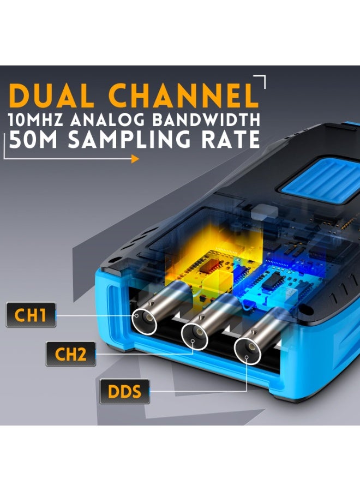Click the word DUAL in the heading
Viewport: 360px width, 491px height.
tap(51, 95)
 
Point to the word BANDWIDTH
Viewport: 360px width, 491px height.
tap(207, 119)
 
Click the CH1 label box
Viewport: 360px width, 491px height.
tap(31, 315)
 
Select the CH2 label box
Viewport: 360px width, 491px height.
tap(71, 354)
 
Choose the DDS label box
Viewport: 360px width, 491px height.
tap(124, 391)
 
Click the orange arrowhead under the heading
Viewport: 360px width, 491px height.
tap(135, 159)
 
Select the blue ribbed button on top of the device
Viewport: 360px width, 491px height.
tap(319, 182)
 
